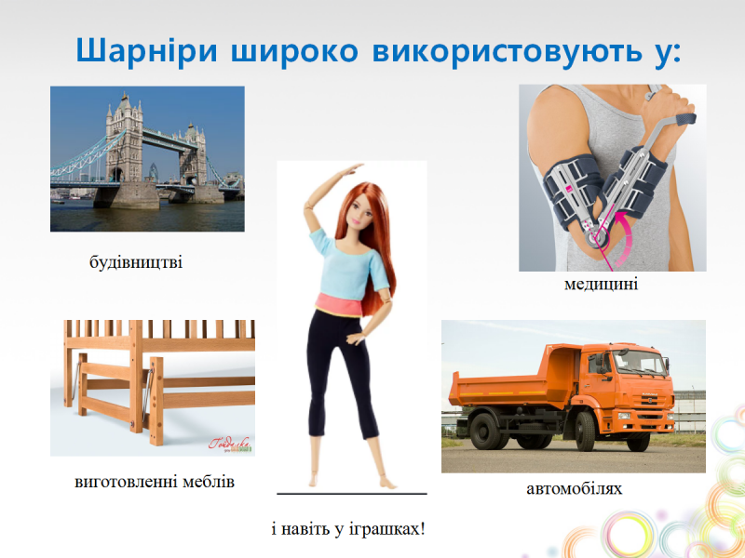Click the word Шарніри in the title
(x=146, y=51)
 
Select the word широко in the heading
(x=294, y=51)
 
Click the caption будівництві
(x=136, y=262)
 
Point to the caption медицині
(x=601, y=284)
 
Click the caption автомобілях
(x=574, y=488)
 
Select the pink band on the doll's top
(x=344, y=304)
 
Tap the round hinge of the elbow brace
(x=597, y=236)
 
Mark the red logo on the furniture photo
(x=229, y=444)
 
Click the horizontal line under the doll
(x=352, y=494)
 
